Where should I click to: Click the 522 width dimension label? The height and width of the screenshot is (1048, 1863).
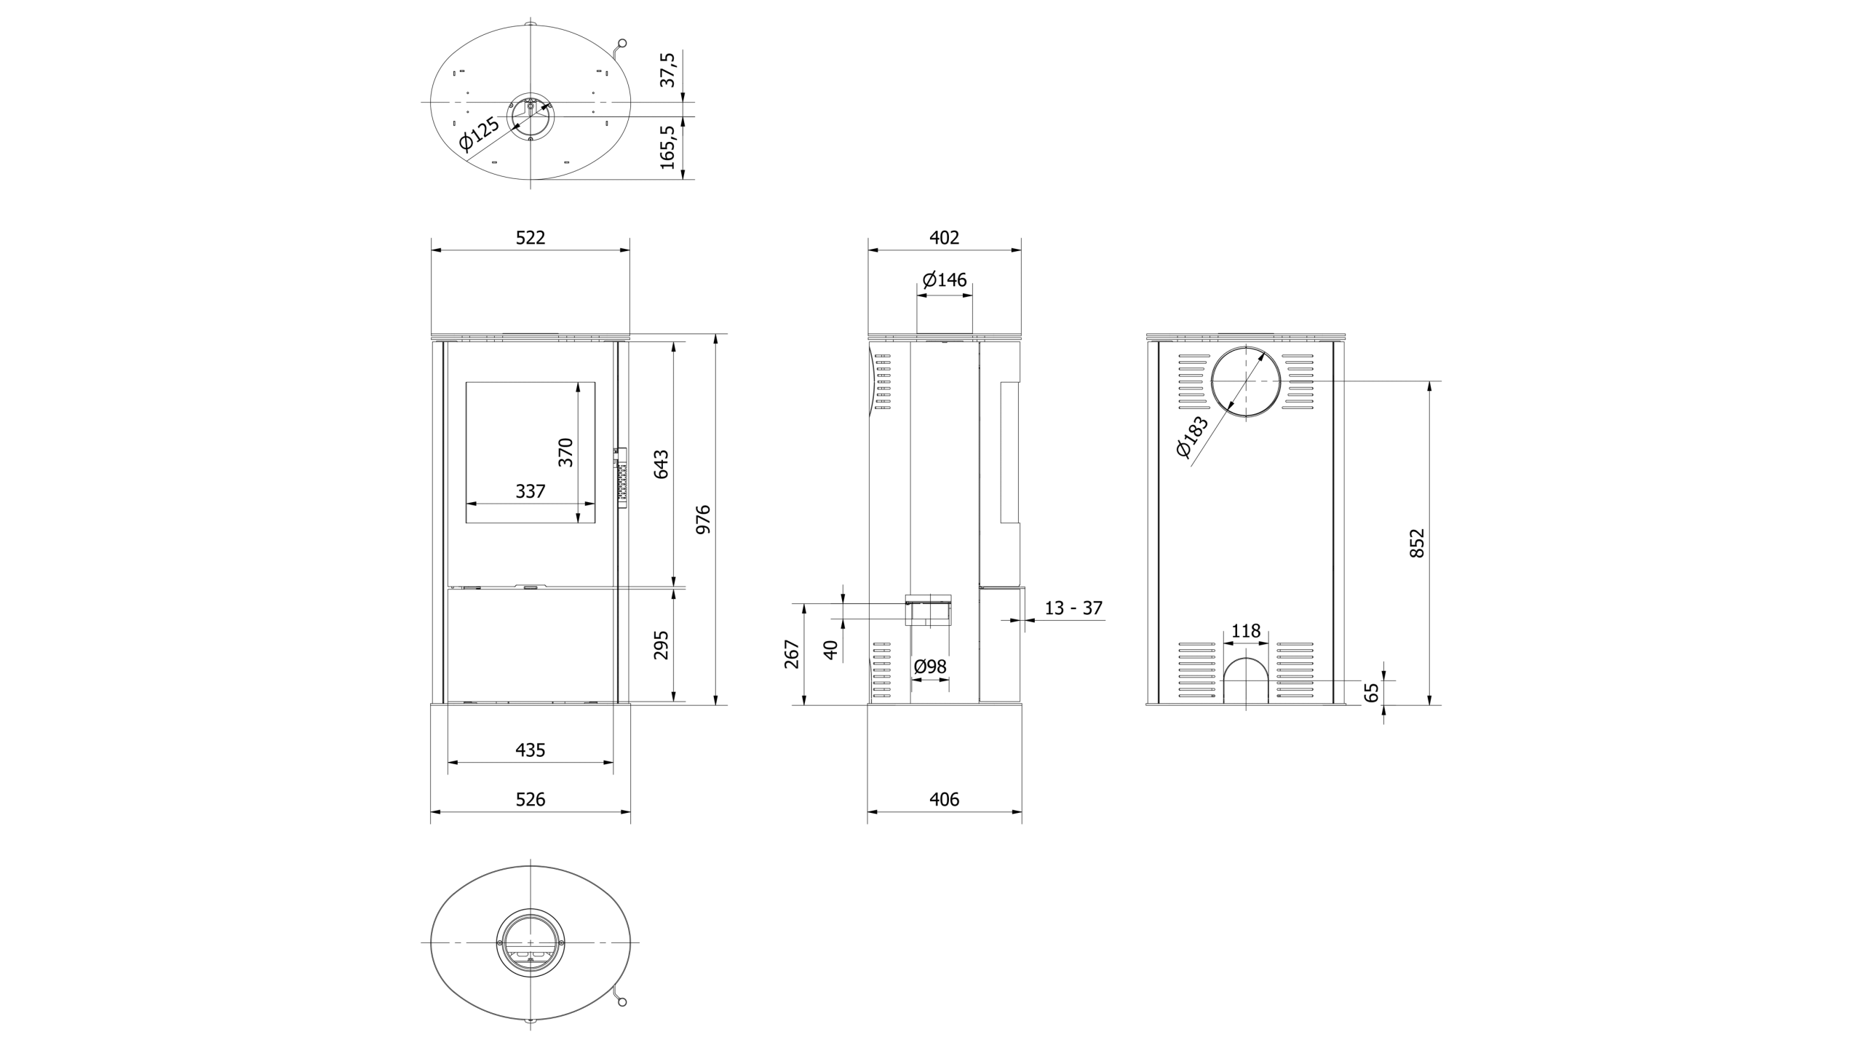point(530,237)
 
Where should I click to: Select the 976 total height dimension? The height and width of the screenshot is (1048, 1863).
point(703,520)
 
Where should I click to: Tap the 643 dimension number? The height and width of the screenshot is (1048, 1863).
point(661,464)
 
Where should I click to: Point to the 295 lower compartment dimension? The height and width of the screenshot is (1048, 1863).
point(661,646)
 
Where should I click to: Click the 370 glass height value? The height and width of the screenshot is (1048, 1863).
point(565,452)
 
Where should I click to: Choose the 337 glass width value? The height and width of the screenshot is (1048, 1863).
point(531,491)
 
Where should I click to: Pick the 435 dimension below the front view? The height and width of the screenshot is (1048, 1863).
point(531,750)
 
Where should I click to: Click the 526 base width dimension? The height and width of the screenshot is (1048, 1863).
point(531,799)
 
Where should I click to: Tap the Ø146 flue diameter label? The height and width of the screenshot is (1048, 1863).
point(945,279)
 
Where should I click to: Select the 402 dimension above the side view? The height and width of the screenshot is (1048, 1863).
point(945,237)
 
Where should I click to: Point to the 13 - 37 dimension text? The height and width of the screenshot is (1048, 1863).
point(1073,608)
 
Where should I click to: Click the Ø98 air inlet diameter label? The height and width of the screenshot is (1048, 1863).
point(930,666)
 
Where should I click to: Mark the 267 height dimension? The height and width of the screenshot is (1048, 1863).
point(793,654)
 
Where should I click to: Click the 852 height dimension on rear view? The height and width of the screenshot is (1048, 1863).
point(1417,543)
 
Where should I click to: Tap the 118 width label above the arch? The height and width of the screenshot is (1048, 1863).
point(1246,631)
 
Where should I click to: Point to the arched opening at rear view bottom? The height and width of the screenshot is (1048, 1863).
point(1246,681)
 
